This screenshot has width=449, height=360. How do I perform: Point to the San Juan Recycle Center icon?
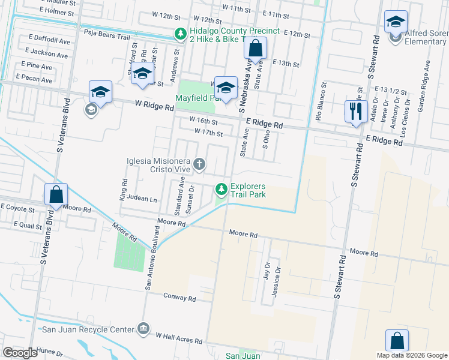[x=143, y=329]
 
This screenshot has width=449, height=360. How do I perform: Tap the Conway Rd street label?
[x=179, y=298]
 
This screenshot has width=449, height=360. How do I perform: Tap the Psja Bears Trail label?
[x=107, y=36]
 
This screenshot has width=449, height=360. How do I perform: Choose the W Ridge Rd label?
[x=153, y=107]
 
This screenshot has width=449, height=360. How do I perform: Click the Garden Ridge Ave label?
[x=428, y=77]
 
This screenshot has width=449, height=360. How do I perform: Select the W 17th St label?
[x=208, y=132]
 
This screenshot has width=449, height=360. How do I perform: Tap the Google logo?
[x=20, y=352]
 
